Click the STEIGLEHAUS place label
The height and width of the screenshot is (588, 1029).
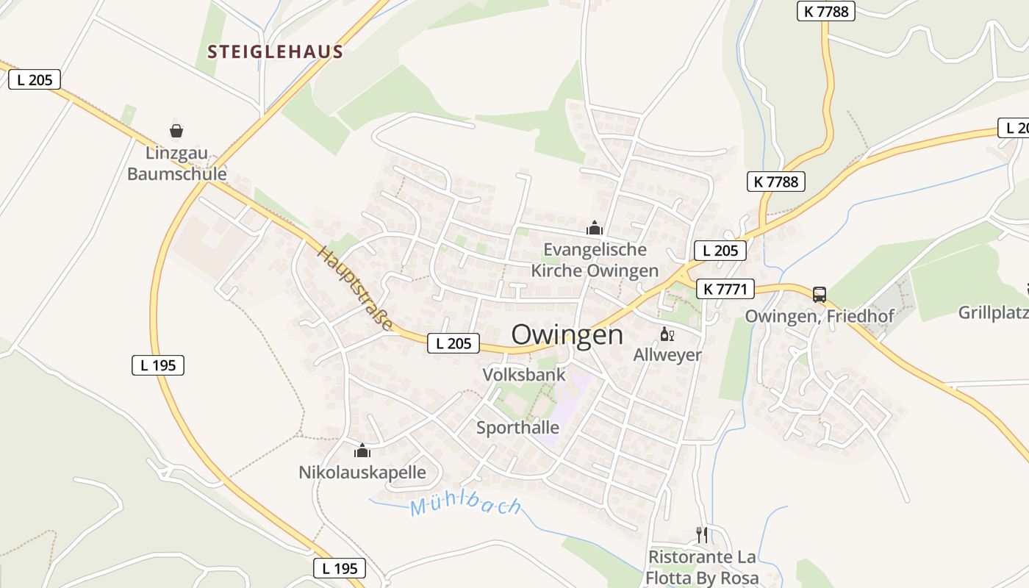(276, 52)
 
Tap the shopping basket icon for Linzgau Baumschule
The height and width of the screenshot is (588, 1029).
(176, 132)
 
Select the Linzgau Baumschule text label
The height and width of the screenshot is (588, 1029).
(177, 164)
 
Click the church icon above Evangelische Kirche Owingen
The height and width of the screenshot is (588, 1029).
(595, 228)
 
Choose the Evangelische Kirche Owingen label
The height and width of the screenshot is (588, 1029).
(595, 260)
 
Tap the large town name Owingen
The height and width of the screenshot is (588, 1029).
(567, 335)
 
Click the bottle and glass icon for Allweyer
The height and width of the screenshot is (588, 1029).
(667, 335)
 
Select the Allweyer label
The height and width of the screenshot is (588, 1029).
(667, 355)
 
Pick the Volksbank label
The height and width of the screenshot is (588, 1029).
(524, 375)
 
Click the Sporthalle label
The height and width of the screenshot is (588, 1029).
(517, 428)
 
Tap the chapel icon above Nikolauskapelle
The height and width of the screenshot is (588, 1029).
(362, 451)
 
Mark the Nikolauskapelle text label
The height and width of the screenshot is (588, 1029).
(362, 472)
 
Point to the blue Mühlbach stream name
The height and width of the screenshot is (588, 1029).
(465, 506)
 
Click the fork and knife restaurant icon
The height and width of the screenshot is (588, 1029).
(702, 534)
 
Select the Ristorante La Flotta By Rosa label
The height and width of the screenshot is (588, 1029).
(702, 567)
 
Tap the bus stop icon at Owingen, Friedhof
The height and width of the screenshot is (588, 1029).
(820, 295)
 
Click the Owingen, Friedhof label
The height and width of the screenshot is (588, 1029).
(820, 316)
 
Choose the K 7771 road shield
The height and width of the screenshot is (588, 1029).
(725, 290)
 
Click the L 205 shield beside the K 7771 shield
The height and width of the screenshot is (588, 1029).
(720, 251)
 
